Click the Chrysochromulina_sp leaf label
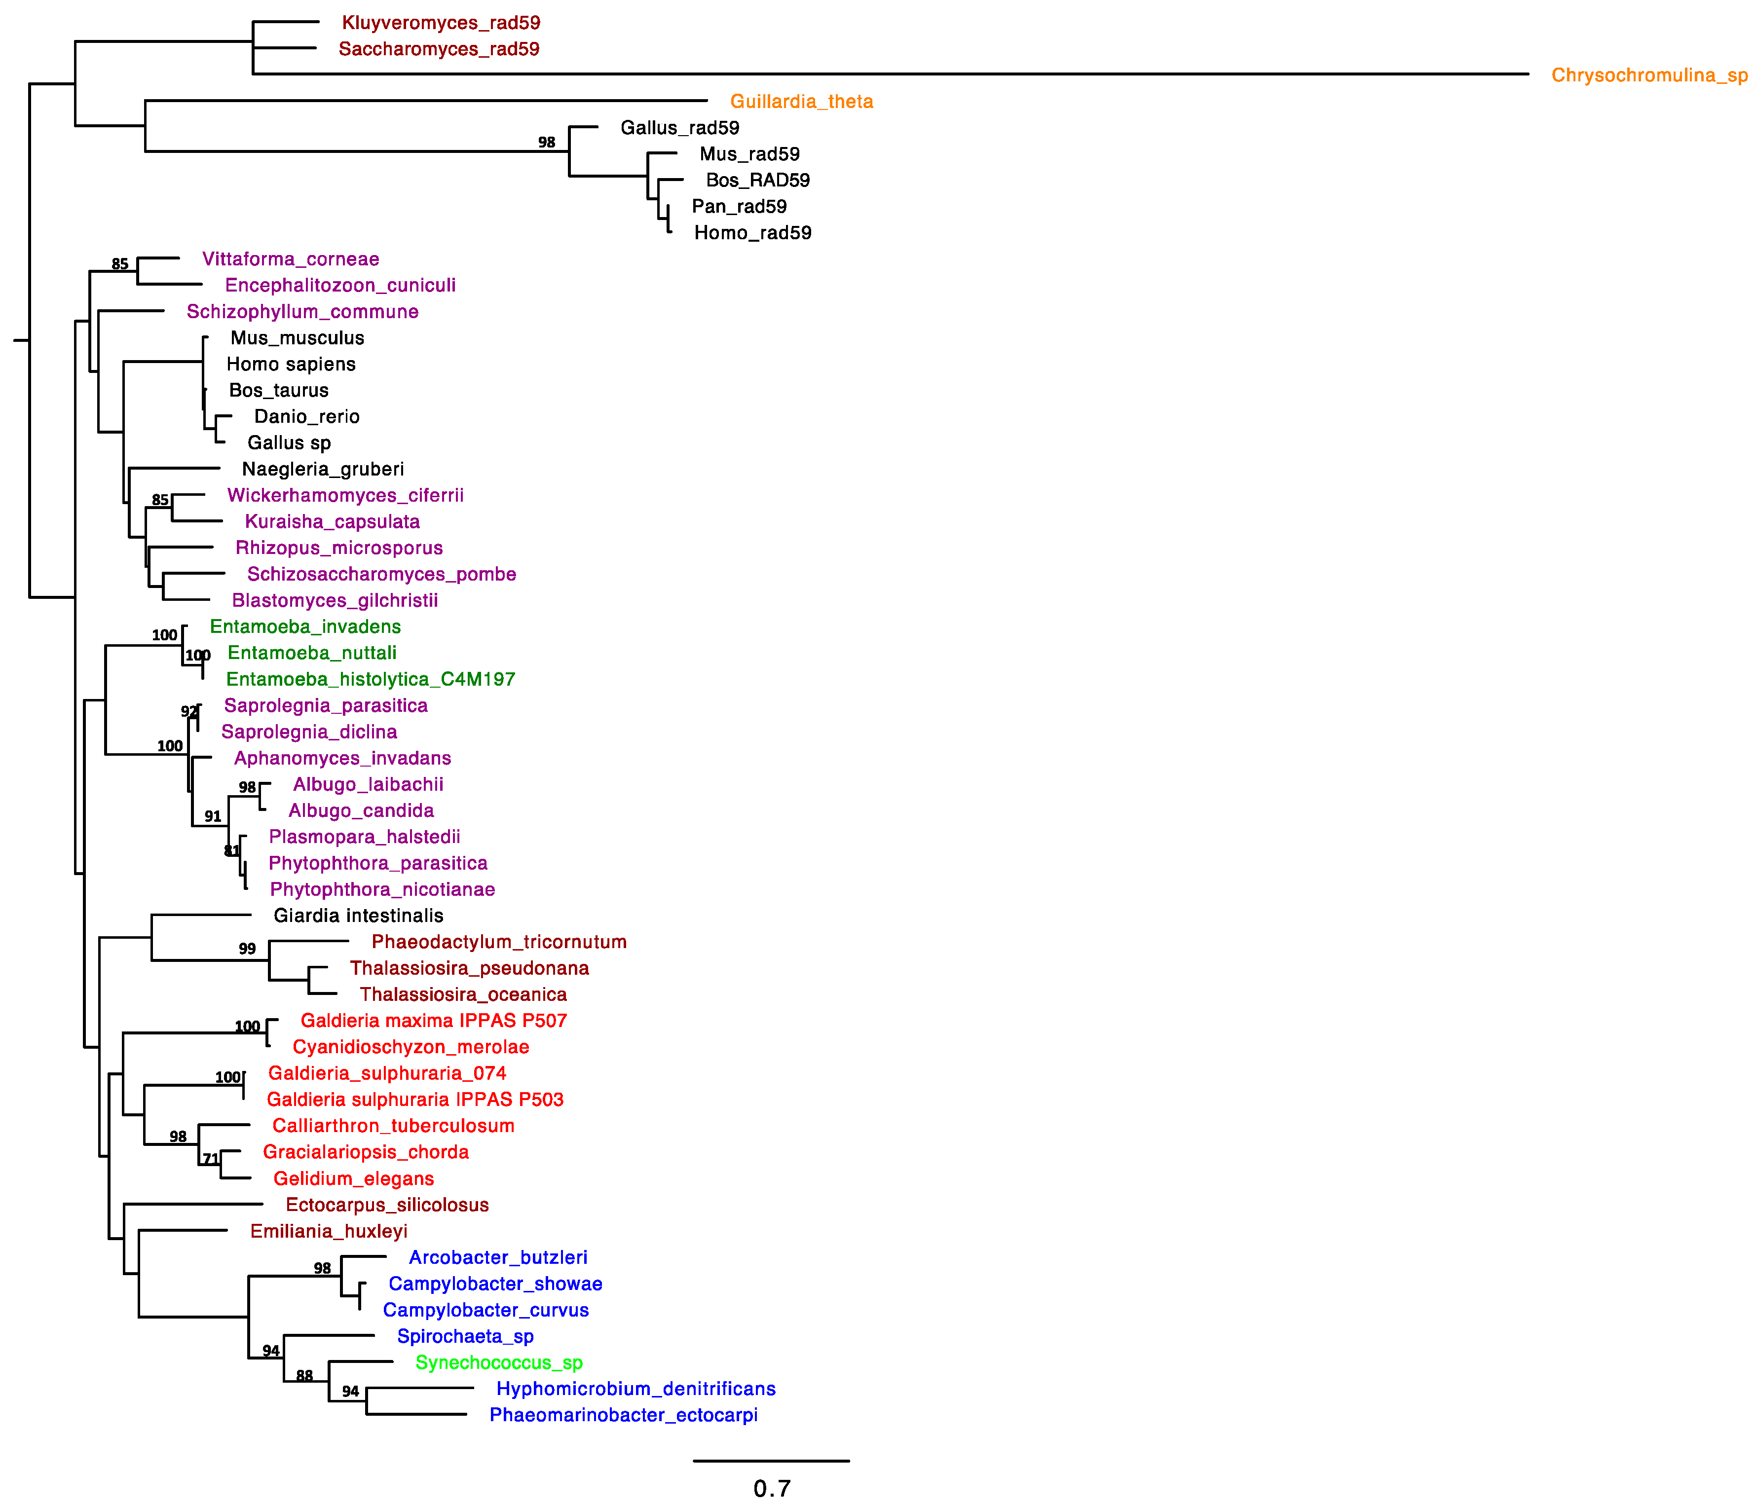click(x=1648, y=75)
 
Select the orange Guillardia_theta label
click(x=801, y=102)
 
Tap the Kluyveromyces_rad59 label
click(x=441, y=23)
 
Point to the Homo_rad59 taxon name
click(x=752, y=233)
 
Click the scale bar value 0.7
click(x=772, y=1488)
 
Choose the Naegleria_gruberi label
click(x=322, y=469)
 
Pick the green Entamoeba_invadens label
click(x=305, y=626)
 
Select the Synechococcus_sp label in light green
click(x=499, y=1362)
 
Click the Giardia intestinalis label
click(x=358, y=916)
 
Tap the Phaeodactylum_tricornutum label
click(x=499, y=942)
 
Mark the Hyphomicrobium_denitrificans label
click(x=635, y=1389)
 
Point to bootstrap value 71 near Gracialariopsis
click(x=210, y=1158)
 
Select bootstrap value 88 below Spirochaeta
click(x=304, y=1375)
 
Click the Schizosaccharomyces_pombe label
click(x=381, y=574)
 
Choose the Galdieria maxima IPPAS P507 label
click(x=433, y=1021)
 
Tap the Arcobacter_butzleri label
click(x=498, y=1257)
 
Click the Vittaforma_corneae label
click(x=290, y=259)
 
